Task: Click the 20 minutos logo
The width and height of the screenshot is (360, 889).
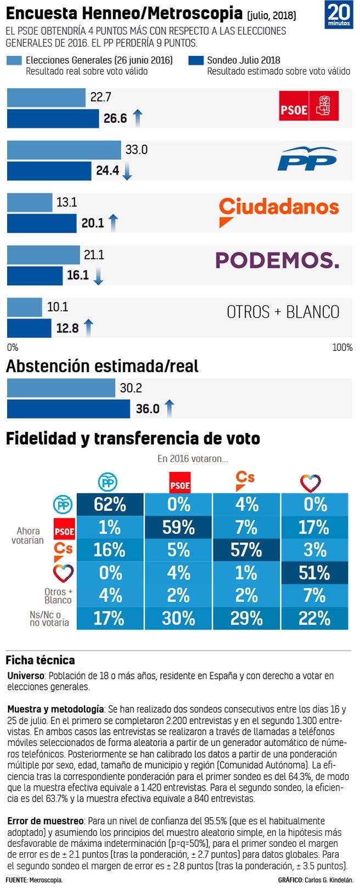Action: [x=339, y=15]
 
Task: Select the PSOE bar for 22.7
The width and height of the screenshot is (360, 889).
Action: [x=46, y=98]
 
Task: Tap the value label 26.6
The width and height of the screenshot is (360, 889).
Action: [x=115, y=119]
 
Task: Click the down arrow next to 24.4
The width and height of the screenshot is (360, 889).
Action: [x=127, y=171]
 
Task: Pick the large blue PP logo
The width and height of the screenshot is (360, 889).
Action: [x=307, y=159]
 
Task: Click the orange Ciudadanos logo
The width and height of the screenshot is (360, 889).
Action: [x=279, y=211]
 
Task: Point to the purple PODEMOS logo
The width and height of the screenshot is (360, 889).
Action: [x=278, y=260]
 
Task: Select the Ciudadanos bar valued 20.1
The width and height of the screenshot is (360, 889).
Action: [x=42, y=223]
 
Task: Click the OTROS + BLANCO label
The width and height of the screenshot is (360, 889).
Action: [x=283, y=312]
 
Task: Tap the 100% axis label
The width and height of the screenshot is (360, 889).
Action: [x=342, y=347]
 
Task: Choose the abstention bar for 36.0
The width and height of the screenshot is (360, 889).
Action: [x=68, y=409]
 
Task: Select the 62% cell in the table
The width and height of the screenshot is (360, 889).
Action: [x=110, y=504]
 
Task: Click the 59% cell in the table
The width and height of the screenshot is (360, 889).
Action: [x=178, y=527]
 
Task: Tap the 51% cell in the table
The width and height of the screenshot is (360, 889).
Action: [x=315, y=573]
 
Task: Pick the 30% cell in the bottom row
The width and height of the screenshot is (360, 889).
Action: [x=178, y=618]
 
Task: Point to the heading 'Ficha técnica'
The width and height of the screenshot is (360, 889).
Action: [x=40, y=660]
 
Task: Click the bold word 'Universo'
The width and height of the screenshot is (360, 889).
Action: [x=26, y=676]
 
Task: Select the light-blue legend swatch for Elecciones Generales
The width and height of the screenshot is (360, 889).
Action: [x=14, y=61]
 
